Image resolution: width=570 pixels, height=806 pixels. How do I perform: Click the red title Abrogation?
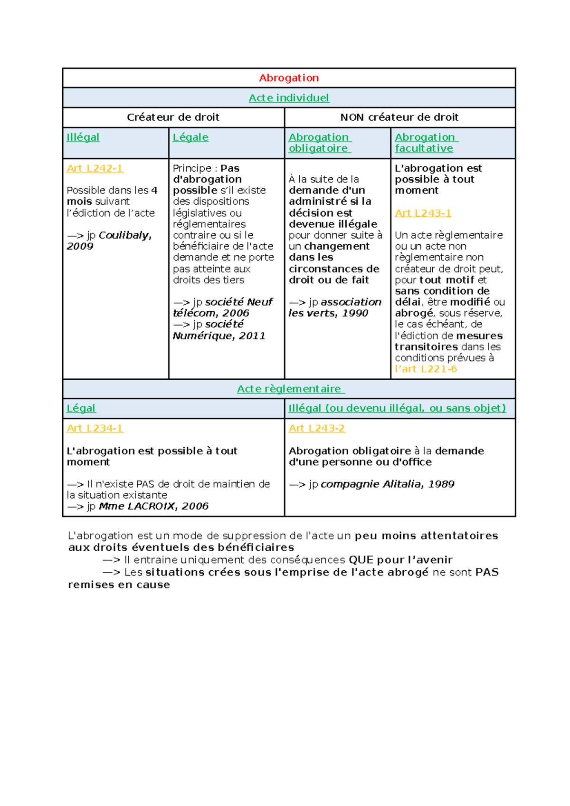[289, 78]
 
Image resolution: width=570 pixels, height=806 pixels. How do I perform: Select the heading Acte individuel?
[289, 98]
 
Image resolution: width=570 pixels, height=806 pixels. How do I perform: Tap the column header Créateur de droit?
[173, 117]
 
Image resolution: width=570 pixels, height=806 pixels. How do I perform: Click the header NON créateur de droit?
[399, 117]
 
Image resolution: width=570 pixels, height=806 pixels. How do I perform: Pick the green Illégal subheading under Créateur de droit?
[83, 137]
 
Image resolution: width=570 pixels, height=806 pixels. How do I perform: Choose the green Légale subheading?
[190, 137]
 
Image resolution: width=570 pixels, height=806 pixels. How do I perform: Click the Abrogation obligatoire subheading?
[319, 143]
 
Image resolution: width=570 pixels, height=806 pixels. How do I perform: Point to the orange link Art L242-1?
[95, 168]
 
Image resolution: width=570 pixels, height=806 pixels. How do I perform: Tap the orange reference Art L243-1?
[423, 213]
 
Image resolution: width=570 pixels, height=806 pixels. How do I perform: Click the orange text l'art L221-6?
[426, 369]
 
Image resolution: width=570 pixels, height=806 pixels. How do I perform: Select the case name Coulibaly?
[124, 235]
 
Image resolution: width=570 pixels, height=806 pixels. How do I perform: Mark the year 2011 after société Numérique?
[252, 336]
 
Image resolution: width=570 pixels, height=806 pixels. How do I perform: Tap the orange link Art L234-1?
[95, 428]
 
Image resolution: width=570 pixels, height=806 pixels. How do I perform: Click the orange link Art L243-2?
[316, 428]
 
